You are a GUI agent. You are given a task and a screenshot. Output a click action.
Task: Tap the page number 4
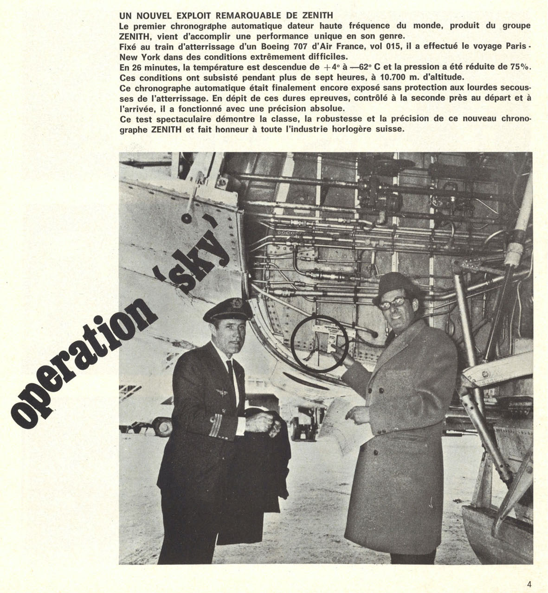point(529,584)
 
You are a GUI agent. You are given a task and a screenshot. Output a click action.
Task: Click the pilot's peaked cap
point(228,311)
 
